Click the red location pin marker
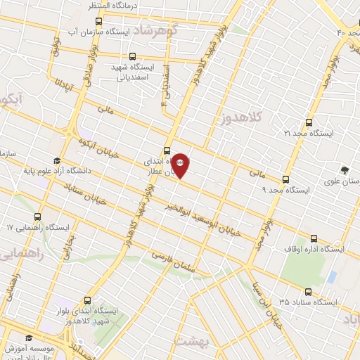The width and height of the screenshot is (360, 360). (x=181, y=166)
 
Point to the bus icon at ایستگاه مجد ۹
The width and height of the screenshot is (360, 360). (x=285, y=179)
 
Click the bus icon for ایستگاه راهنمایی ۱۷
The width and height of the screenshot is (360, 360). (x=37, y=217)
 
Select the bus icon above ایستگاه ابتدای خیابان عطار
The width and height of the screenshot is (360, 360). (x=167, y=150)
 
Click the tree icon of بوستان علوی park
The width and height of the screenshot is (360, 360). (x=345, y=169)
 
